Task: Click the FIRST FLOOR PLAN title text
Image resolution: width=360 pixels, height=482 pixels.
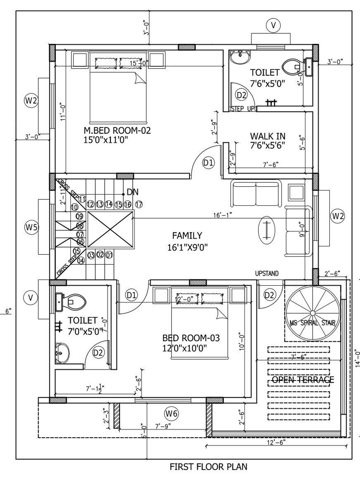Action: click(x=208, y=467)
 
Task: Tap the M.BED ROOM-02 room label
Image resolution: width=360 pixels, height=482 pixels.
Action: click(x=117, y=131)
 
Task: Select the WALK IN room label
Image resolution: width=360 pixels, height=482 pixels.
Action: click(x=268, y=136)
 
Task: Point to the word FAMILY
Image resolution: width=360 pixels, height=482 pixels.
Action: click(x=186, y=235)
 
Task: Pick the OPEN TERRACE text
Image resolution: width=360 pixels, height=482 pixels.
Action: click(x=303, y=379)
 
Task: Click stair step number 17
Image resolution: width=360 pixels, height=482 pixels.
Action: click(x=139, y=204)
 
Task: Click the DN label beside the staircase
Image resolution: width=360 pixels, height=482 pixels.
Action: click(x=132, y=192)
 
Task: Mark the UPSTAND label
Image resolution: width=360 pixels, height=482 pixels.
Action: click(x=267, y=274)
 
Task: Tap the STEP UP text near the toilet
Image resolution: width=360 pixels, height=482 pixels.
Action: click(x=242, y=109)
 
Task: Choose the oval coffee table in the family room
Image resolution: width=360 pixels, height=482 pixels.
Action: click(x=266, y=230)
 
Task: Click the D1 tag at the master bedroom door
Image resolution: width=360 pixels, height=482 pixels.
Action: click(x=209, y=163)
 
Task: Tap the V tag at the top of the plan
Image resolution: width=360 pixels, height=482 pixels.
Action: click(x=273, y=26)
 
